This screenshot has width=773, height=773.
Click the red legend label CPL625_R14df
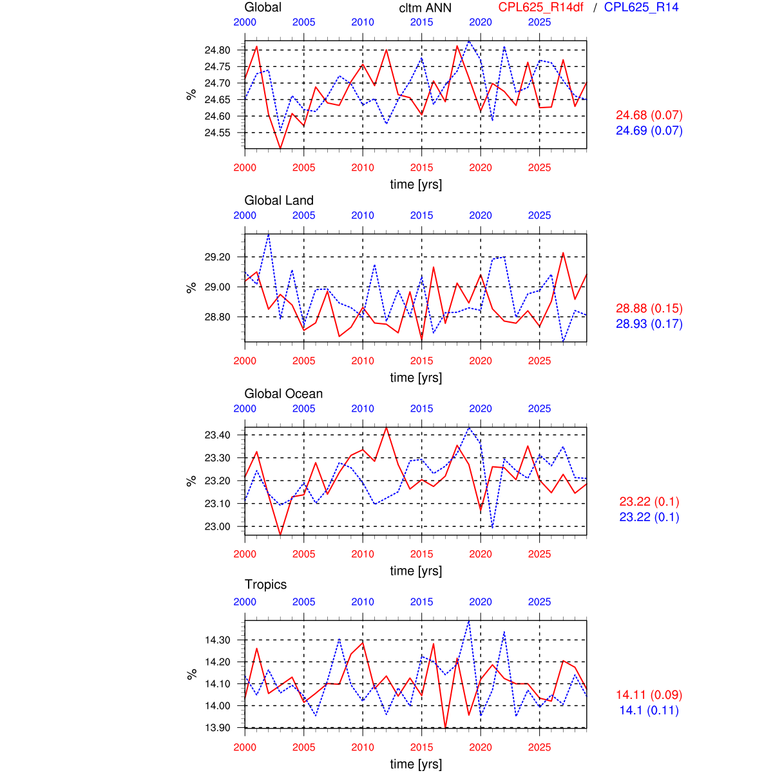click(x=540, y=7)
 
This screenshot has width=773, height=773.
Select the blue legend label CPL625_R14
click(x=641, y=7)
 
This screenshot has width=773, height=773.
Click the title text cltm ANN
click(x=425, y=8)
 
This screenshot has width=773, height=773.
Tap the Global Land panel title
click(x=279, y=200)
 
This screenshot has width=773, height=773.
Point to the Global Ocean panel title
click(x=283, y=394)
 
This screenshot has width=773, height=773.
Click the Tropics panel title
click(x=265, y=584)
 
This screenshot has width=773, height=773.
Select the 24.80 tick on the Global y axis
click(x=217, y=50)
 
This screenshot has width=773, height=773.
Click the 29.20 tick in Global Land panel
click(x=217, y=257)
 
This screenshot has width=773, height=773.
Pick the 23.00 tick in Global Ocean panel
click(x=217, y=526)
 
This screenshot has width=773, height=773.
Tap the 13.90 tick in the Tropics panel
click(x=217, y=727)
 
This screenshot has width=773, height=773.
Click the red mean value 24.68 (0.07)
click(x=649, y=115)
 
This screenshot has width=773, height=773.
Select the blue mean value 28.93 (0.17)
click(x=649, y=323)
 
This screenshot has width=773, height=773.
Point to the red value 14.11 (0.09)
click(x=649, y=694)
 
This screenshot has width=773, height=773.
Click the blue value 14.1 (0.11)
click(x=649, y=710)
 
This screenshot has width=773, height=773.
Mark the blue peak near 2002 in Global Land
click(x=269, y=234)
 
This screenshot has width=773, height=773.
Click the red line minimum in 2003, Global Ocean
click(x=280, y=535)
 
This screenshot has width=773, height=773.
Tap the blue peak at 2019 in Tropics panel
click(x=469, y=620)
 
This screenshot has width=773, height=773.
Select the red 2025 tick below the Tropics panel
click(x=539, y=747)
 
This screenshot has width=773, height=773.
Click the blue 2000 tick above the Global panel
click(x=245, y=22)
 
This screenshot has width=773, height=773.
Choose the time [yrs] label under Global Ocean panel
click(x=416, y=571)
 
